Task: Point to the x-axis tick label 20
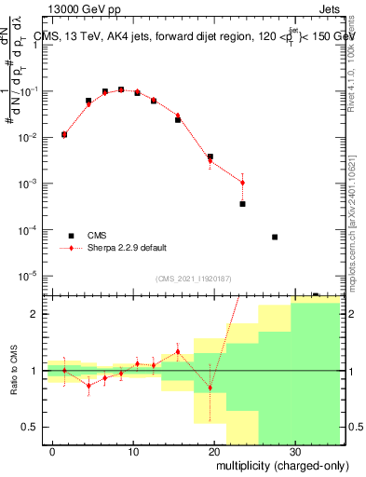pyautogui.click(x=213, y=449)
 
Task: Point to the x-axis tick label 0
pyautogui.click(x=52, y=449)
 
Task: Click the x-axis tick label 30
pyautogui.click(x=294, y=449)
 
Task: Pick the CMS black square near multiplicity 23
pyautogui.click(x=242, y=203)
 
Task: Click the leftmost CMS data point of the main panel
pyautogui.click(x=64, y=134)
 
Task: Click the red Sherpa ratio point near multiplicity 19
pyautogui.click(x=210, y=388)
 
